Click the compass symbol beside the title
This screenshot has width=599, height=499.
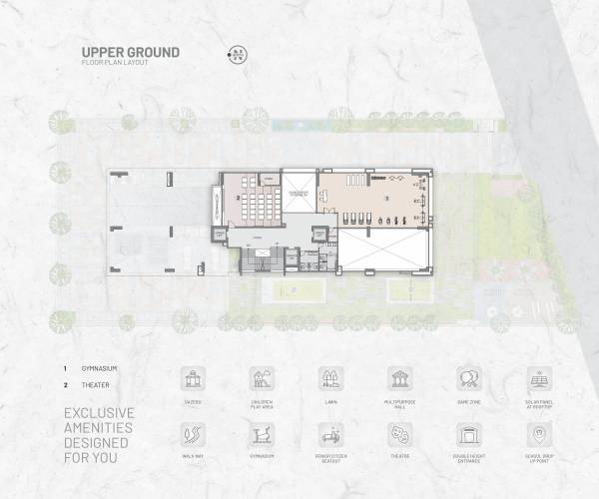(x=238, y=55)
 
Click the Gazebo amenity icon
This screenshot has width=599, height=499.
(x=193, y=378)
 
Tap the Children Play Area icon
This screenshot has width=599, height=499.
(x=262, y=378)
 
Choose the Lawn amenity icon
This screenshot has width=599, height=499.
(x=330, y=378)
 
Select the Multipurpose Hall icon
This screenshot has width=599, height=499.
(x=399, y=378)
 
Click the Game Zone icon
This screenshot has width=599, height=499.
(x=468, y=378)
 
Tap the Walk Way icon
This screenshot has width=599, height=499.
(x=193, y=435)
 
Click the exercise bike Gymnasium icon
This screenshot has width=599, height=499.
(x=262, y=435)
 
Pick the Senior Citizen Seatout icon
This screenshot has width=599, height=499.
(x=330, y=435)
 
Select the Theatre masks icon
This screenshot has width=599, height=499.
(x=399, y=435)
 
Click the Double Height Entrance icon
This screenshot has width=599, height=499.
(x=468, y=435)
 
